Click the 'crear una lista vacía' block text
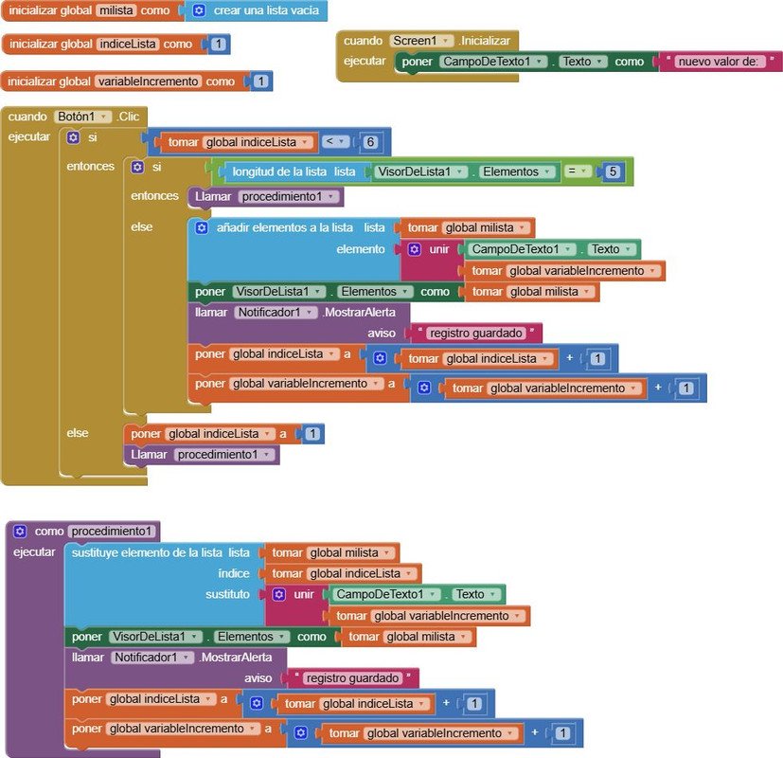[x=266, y=10]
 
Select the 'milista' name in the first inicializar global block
[x=116, y=10]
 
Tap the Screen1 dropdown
[x=422, y=41]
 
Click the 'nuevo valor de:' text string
[x=718, y=62]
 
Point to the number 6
[x=370, y=142]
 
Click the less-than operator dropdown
[x=335, y=142]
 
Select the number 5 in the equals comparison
[x=613, y=171]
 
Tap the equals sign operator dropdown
[x=578, y=171]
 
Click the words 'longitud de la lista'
[x=279, y=171]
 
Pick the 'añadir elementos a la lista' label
[x=285, y=227]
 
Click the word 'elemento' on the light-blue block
[x=361, y=249]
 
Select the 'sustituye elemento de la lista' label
[x=147, y=552]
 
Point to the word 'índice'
[x=234, y=573]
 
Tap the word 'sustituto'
[x=228, y=594]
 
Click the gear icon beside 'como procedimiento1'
[x=20, y=532]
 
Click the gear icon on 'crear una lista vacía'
[x=199, y=10]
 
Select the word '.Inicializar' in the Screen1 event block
[x=485, y=41]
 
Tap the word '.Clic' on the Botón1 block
[x=128, y=117]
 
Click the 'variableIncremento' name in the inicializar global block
[x=148, y=81]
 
